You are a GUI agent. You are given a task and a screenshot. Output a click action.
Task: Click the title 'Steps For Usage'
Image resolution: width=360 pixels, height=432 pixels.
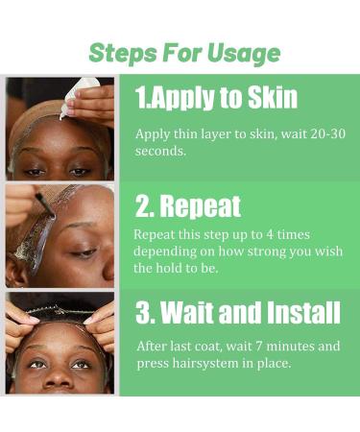[184, 52]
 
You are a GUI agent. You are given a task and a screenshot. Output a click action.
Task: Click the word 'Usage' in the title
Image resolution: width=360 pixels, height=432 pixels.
[245, 52]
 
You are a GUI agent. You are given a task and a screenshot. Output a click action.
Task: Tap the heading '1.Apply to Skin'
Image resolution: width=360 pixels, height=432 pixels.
[216, 97]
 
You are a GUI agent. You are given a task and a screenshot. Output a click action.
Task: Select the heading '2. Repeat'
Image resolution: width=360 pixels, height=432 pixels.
[187, 205]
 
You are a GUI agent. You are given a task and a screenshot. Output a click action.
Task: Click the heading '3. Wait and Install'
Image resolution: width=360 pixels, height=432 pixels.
[237, 313]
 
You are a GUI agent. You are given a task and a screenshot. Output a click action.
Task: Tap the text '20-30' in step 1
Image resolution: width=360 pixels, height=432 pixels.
[306, 133]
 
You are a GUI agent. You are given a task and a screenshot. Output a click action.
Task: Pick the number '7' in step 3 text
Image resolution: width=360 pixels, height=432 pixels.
[252, 346]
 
